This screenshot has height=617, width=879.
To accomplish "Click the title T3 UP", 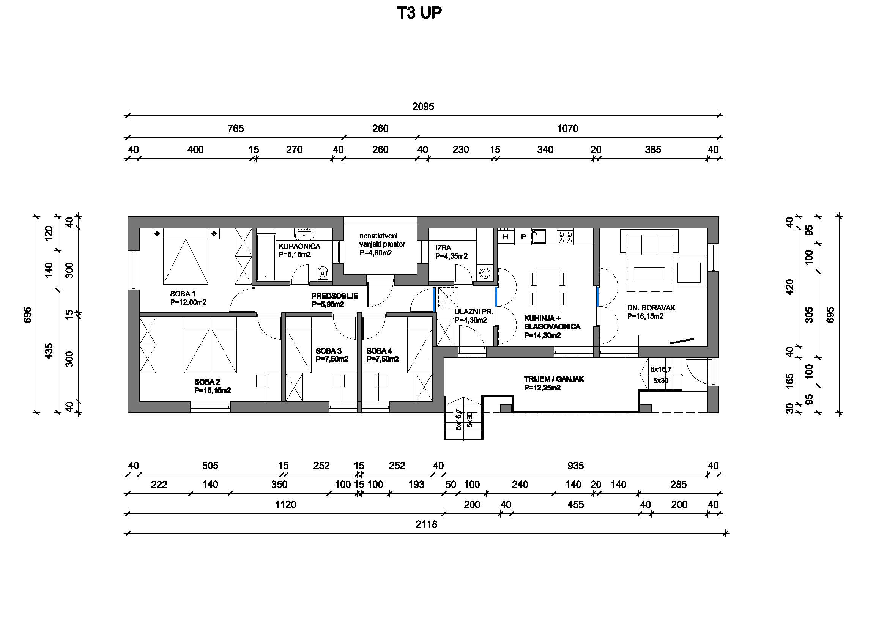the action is (419, 13).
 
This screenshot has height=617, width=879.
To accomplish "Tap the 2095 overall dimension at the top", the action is (423, 106).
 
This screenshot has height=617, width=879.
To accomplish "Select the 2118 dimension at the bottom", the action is (426, 524).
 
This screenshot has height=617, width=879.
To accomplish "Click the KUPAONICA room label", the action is (299, 246).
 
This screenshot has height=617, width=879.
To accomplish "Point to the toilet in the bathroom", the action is (323, 274).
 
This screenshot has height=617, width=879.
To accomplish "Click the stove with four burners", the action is (565, 237).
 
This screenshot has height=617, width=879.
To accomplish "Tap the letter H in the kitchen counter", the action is (505, 237).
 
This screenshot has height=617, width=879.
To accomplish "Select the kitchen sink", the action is (539, 236).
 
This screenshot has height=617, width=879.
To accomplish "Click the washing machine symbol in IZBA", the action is (485, 273).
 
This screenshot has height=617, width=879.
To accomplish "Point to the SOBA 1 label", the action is (183, 294).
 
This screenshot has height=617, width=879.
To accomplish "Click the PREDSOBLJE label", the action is (335, 296).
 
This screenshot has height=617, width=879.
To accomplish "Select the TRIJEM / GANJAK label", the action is (554, 379).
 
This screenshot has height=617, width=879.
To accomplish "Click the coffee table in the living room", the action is (649, 274).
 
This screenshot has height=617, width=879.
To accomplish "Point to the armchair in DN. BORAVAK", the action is (692, 272).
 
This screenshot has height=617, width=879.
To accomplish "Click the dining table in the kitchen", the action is (548, 289).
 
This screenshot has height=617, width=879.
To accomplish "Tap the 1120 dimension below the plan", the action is (285, 504).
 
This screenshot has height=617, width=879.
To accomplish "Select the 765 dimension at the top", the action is (235, 129).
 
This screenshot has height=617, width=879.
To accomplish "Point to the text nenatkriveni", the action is (378, 236).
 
